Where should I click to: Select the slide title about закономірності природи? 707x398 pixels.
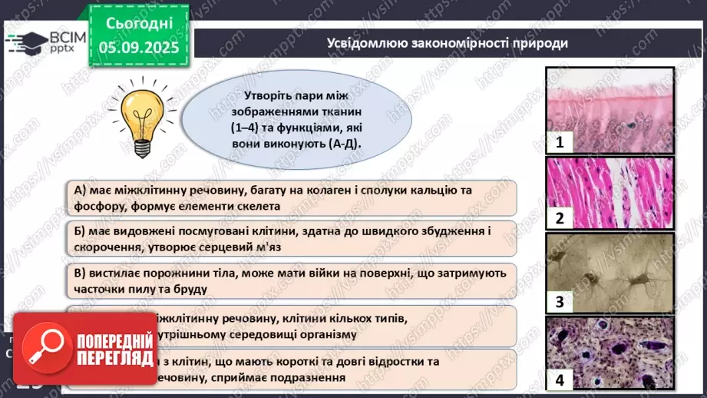tap(448, 43)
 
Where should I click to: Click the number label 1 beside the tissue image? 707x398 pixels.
tap(560, 142)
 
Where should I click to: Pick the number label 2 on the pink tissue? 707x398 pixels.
tap(560, 218)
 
